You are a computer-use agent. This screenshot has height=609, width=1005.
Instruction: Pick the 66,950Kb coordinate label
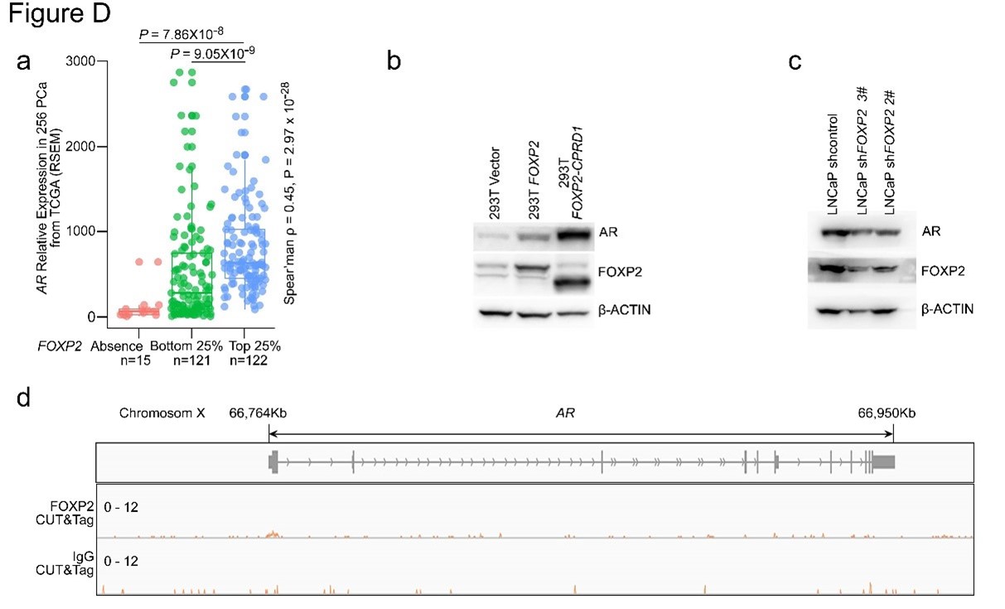pos(887,413)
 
